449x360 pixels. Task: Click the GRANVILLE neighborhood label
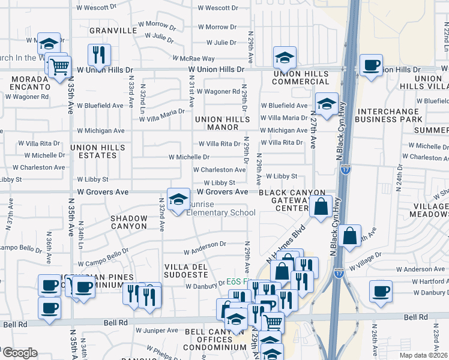coord(113,30)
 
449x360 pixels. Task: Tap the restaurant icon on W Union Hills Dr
coord(99,55)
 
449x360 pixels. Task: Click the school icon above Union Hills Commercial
coord(285,58)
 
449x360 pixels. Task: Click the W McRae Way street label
coord(194,59)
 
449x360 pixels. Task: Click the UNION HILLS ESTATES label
coord(97,151)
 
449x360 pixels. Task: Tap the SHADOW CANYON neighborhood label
coord(128,222)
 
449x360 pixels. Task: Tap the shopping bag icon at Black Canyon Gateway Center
coord(321,206)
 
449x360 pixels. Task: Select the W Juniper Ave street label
coord(157,330)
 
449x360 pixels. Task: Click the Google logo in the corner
coord(19,353)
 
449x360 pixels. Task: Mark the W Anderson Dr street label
coord(205,244)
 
